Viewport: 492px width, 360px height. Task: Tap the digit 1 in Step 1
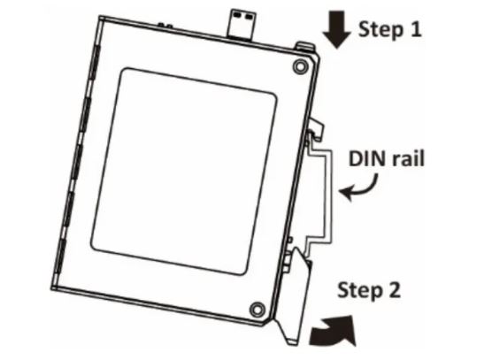coord(415,29)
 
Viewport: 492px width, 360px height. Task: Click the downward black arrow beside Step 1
coord(336,30)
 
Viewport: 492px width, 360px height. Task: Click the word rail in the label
coord(408,157)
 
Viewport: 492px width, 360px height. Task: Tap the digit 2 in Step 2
coord(394,289)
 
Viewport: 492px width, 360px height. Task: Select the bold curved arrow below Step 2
coord(334,331)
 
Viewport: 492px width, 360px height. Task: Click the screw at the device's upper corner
coord(300,66)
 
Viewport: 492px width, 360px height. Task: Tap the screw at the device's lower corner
coord(257,310)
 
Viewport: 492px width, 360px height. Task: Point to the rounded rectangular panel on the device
coord(184,172)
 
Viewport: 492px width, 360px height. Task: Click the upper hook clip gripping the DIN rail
coord(316,128)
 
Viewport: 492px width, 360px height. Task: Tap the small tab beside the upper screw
coord(304,47)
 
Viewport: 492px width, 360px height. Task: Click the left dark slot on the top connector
coord(238,15)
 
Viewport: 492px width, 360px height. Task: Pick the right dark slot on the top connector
coord(250,16)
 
